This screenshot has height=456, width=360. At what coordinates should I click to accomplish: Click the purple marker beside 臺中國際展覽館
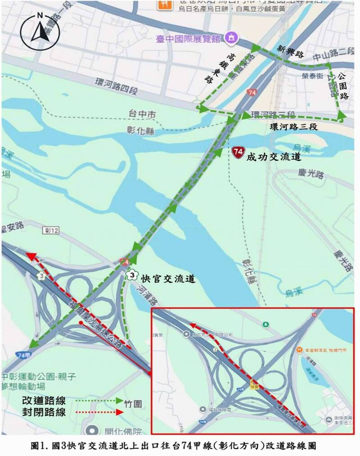point(232,36)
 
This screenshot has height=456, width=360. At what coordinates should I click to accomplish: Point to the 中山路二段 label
point(333,55)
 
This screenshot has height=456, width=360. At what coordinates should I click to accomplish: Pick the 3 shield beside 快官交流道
point(131,275)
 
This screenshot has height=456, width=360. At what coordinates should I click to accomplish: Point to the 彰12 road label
point(52,230)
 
